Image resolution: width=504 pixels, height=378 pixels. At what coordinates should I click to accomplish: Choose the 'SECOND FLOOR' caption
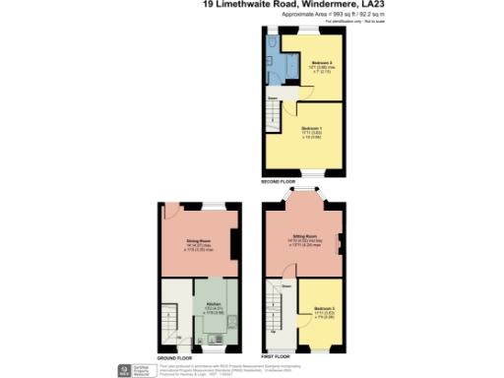click(x=279, y=181)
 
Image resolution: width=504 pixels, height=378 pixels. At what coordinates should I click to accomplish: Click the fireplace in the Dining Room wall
click(x=237, y=239)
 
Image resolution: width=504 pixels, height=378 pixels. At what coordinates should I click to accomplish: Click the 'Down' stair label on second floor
click(x=270, y=98)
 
